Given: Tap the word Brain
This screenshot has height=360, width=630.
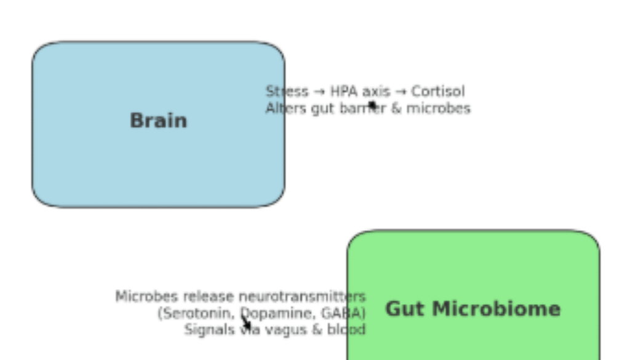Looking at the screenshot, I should (158, 121).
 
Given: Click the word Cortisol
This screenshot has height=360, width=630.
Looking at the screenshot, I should (438, 92).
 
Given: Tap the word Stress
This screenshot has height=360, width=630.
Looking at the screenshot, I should (287, 92).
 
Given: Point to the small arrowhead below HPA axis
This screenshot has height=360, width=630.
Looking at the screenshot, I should (372, 105).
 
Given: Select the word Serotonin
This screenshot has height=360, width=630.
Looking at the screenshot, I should (197, 313).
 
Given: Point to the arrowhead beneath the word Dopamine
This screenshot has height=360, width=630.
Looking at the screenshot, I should (247, 324).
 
